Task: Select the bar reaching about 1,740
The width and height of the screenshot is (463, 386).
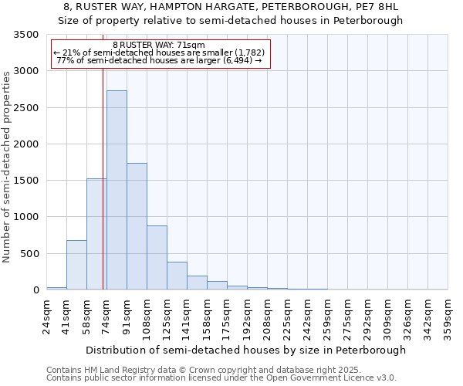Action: coord(137,226)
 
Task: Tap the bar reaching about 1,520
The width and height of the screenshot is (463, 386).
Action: coord(96,234)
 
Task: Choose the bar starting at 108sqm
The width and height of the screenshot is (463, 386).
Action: coord(157,257)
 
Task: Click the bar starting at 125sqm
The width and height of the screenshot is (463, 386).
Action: coord(177,276)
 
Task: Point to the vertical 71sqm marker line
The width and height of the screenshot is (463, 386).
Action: coord(103,154)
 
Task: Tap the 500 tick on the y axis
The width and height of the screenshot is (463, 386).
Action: coord(31,254)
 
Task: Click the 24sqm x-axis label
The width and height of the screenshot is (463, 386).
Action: coord(46,314)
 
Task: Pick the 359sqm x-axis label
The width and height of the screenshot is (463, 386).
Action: coord(448,317)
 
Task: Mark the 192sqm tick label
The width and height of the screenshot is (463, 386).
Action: coord(247,317)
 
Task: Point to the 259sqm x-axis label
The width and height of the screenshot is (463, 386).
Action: coord(327,317)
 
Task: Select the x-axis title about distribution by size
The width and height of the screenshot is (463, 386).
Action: coord(246,350)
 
